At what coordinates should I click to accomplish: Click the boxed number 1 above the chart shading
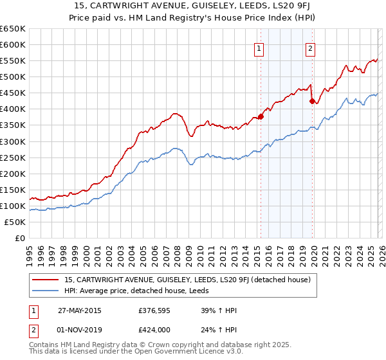[x=259, y=48]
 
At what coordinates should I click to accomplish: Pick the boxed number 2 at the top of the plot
[x=310, y=48]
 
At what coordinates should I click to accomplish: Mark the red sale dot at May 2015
[x=261, y=116]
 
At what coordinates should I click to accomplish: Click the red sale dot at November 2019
[x=312, y=101]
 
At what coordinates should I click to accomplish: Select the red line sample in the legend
[x=46, y=280]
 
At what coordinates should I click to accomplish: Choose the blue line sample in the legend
[x=46, y=291]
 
